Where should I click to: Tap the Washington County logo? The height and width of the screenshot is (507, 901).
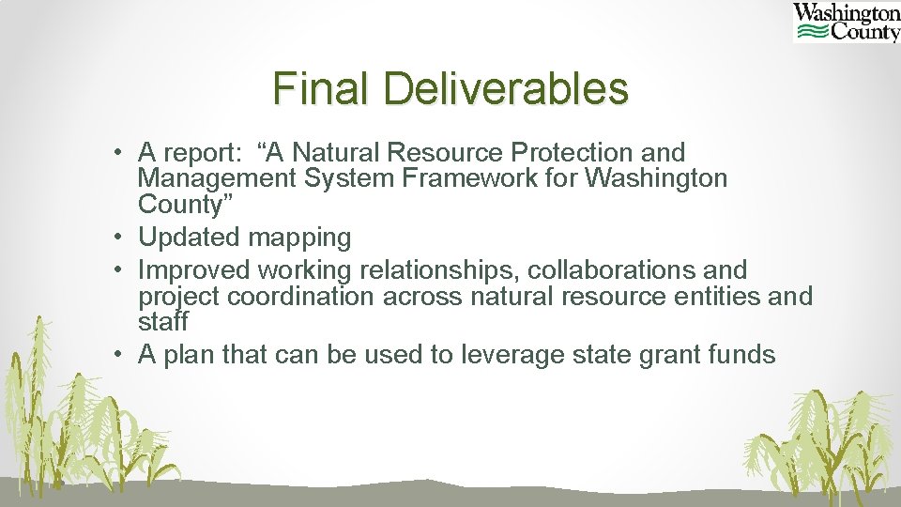pos(846,23)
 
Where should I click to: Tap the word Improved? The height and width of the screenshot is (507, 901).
pos(194,271)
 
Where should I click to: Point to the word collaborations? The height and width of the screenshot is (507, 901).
pos(609,270)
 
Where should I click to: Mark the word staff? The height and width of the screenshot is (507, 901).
pos(163,322)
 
